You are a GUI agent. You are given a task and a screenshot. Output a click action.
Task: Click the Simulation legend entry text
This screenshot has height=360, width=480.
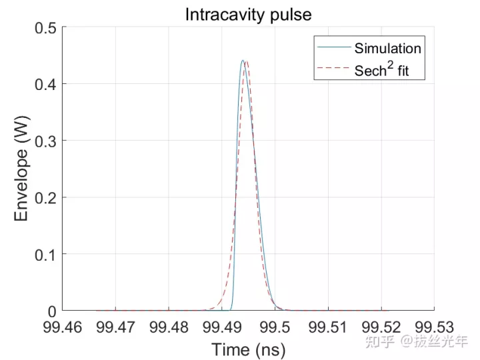(x=387, y=48)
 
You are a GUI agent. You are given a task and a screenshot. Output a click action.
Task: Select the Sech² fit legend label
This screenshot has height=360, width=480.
(x=387, y=69)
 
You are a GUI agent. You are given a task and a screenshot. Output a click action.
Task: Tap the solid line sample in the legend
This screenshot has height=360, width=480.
(x=333, y=48)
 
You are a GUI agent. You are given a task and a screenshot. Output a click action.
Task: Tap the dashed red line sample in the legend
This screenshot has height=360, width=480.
(x=333, y=69)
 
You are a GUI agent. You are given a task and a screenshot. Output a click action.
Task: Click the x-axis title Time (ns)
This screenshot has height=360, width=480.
(x=248, y=349)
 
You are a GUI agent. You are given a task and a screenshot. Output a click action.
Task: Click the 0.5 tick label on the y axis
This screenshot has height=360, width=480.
(x=45, y=27)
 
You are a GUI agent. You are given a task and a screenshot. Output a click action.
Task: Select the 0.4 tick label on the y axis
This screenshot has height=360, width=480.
(x=45, y=84)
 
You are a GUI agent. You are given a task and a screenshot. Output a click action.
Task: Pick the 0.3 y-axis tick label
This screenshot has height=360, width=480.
(x=45, y=141)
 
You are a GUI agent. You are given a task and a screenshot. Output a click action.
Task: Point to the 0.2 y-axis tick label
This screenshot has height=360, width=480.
(x=45, y=197)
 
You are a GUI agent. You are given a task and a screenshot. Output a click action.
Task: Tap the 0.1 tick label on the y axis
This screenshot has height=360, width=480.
(x=45, y=254)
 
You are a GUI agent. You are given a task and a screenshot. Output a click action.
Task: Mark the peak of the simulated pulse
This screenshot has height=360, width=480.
(x=243, y=61)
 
